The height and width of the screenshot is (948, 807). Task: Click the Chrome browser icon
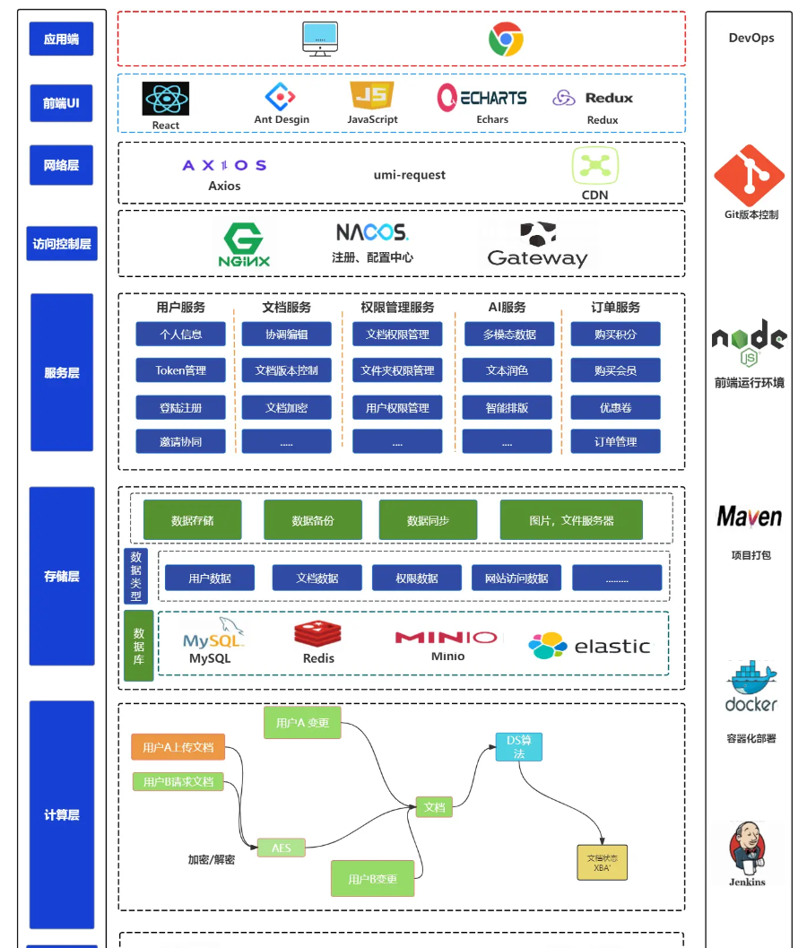pos(506,39)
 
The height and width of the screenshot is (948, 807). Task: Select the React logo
pos(166,99)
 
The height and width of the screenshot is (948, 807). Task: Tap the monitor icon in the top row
pos(320,39)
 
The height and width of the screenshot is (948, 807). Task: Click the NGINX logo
pos(244,245)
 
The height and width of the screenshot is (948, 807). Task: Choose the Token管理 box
pos(180,370)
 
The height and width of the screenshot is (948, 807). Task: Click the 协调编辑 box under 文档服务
pos(286,335)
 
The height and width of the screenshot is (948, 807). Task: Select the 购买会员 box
pos(615,370)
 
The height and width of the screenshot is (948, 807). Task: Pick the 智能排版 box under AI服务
pos(507,408)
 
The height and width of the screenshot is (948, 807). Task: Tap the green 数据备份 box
pos(313,520)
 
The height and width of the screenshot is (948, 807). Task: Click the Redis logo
pos(317,634)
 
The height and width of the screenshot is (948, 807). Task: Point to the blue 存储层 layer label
pos(62,576)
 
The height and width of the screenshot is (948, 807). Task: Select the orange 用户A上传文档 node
pos(178,747)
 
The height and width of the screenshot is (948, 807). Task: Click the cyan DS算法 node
pos(519,747)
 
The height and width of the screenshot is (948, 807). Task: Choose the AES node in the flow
pos(281,848)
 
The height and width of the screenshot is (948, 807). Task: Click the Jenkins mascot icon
pos(747,848)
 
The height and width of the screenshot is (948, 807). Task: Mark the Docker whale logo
pos(751,686)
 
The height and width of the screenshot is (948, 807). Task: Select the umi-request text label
pos(409,175)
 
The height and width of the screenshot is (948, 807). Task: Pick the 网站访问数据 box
pos(516,578)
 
